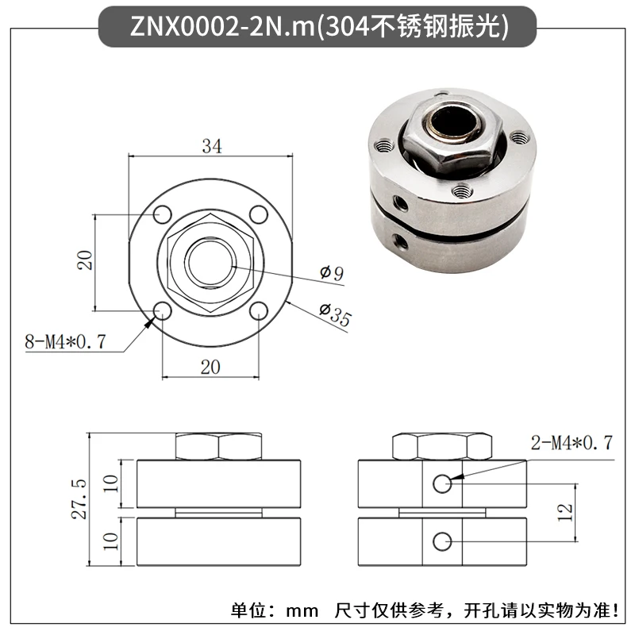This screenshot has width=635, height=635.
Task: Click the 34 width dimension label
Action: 212,146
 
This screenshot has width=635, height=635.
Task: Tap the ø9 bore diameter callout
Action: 332,273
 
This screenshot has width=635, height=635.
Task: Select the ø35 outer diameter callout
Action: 335,314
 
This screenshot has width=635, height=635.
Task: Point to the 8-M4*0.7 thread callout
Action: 65,341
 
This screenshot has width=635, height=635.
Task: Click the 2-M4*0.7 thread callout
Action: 571,443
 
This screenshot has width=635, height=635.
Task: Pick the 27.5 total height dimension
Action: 80,499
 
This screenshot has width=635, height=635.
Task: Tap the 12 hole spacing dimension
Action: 565,512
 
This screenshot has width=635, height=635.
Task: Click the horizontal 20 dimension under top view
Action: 210,368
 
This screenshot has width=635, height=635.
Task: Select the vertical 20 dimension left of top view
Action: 86,260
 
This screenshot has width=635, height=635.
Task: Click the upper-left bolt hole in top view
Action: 163,214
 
